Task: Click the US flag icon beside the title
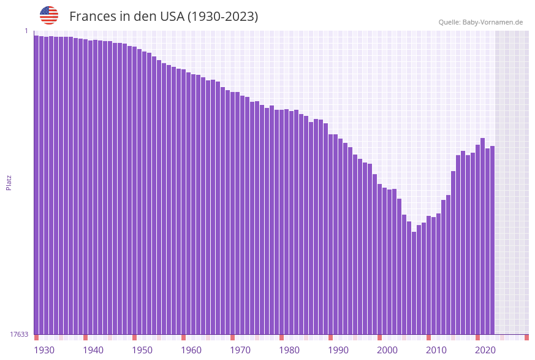pos(49,15)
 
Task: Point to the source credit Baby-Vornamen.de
pos(480,22)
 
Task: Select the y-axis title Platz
pos(9,182)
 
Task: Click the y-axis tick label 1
pos(26,31)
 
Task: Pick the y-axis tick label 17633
pos(19,334)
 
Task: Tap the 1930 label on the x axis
pos(44,350)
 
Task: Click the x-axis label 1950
pos(142,350)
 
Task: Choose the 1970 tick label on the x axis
pos(240,350)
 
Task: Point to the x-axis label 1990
pos(338,350)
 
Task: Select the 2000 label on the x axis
pos(387,350)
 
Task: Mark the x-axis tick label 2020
pos(485,350)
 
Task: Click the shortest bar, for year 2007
pos(414,283)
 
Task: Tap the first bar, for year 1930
pos(37,185)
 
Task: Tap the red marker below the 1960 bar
pos(183,337)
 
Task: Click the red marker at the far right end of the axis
pos(526,337)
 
